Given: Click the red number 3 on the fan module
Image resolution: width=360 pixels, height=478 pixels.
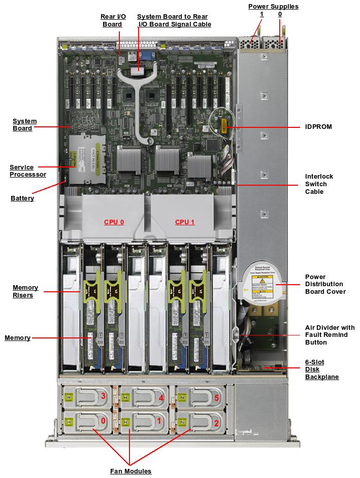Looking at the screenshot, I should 103,395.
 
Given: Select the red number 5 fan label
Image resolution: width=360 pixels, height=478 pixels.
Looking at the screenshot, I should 216,398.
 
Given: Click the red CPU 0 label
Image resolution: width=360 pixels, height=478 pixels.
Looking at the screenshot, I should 114,222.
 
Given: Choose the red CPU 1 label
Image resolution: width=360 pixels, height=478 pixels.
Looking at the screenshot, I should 185,222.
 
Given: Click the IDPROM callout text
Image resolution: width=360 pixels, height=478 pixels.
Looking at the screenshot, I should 318,126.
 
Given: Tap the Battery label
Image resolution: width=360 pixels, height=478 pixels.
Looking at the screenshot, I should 22,198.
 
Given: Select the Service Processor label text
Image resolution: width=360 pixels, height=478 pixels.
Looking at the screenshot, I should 28,170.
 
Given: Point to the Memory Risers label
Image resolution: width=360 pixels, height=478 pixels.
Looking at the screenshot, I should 25,291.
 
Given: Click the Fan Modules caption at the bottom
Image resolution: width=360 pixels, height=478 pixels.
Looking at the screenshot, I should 130,471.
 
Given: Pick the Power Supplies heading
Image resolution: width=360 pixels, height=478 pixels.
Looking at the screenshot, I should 273,7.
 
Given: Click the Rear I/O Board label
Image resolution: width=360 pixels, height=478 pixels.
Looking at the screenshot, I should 113,20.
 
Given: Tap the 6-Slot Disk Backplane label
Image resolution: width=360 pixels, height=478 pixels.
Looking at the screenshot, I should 322,369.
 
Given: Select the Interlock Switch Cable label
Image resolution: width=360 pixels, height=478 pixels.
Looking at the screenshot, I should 319,184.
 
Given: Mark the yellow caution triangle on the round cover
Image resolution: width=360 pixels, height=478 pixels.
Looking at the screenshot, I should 263,281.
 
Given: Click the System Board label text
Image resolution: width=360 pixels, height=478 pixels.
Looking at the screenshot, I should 24,124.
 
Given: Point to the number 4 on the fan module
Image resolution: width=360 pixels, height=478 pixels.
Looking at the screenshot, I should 161,398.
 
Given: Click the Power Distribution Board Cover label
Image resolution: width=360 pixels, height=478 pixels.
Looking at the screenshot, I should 325,284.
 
